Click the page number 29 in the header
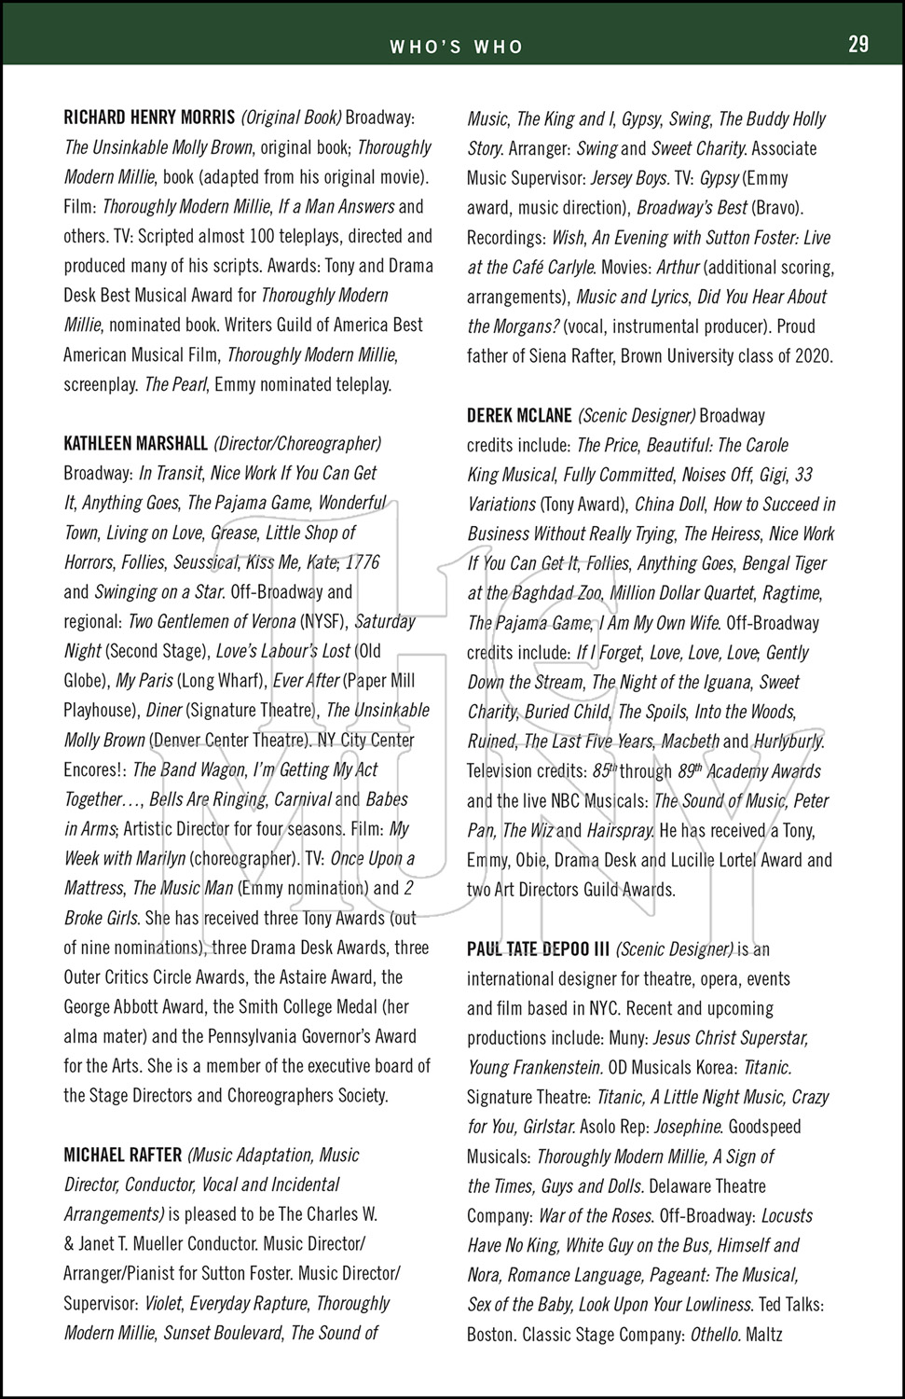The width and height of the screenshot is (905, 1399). click(857, 44)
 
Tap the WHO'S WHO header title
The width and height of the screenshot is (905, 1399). click(456, 47)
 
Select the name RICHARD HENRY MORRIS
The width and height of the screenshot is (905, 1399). click(149, 118)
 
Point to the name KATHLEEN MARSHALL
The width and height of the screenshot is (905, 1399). click(135, 443)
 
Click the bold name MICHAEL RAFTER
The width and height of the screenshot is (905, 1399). click(122, 1155)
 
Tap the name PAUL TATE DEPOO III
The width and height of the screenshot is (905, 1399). click(538, 949)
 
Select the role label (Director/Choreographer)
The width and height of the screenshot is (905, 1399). click(297, 443)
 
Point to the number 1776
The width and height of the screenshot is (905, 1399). click(362, 562)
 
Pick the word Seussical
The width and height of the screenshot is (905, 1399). click(205, 562)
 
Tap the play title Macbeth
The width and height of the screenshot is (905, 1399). click(690, 741)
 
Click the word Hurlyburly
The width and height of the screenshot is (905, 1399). click(788, 741)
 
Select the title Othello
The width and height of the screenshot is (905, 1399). click(716, 1335)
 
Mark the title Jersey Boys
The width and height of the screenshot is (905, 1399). click(630, 177)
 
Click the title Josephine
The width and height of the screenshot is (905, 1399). click(688, 1127)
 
